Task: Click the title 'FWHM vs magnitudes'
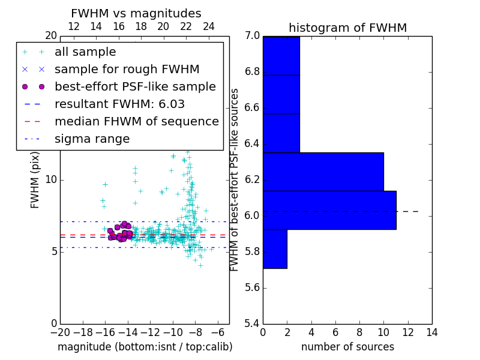click(136, 13)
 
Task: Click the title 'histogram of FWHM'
click(347, 28)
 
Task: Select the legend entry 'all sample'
click(85, 52)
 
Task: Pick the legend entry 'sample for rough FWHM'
click(127, 70)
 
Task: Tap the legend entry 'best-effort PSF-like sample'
click(135, 87)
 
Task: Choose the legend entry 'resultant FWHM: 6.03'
click(119, 104)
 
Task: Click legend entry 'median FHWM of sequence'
click(136, 122)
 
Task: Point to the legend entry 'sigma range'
click(92, 139)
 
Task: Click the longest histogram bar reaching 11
click(329, 210)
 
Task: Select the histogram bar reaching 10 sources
click(323, 172)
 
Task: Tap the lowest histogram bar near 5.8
click(275, 249)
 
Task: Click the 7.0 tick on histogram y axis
click(252, 36)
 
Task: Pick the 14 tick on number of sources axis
click(431, 332)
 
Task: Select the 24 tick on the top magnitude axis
click(208, 27)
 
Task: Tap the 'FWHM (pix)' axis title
click(35, 179)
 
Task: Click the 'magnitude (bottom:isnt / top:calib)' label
click(145, 347)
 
